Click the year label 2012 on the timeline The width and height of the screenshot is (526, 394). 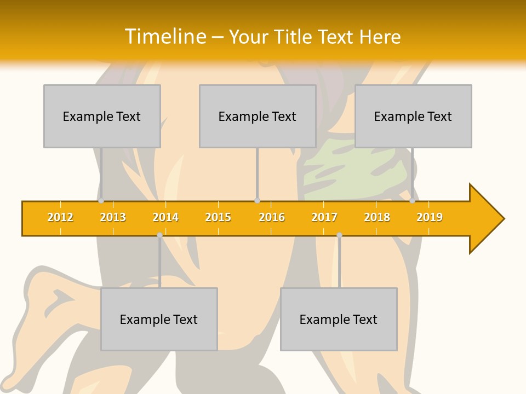[x=60, y=217]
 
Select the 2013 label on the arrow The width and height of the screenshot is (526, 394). [x=113, y=217]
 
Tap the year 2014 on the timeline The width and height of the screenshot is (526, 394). [x=165, y=217]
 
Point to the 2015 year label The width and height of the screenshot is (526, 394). [x=218, y=217]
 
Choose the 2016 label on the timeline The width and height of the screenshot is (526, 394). [x=272, y=217]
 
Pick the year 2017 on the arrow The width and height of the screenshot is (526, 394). [x=324, y=217]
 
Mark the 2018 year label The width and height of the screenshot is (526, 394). [x=377, y=217]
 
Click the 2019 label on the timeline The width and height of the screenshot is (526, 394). [x=430, y=217]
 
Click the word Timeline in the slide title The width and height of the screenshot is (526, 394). [x=165, y=37]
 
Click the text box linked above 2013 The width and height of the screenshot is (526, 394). [x=102, y=116]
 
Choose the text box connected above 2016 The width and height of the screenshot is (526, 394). [x=258, y=116]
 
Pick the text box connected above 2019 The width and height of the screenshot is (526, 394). [x=413, y=116]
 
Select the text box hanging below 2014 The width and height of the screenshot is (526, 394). [x=159, y=319]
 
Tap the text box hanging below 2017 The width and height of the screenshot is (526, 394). [x=339, y=319]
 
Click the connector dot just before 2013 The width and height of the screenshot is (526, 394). [x=101, y=201]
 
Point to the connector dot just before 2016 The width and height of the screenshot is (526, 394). [x=257, y=201]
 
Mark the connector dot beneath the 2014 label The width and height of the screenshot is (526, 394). [x=159, y=235]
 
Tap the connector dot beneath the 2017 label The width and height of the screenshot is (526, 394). [x=339, y=235]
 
